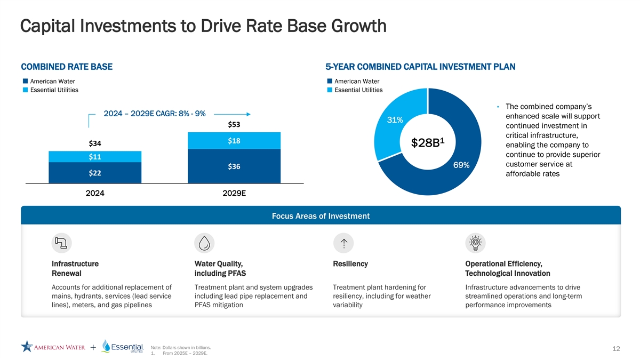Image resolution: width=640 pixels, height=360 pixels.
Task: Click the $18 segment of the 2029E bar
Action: pos(234,141)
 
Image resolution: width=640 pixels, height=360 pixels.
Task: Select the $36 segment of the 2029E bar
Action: pos(234,166)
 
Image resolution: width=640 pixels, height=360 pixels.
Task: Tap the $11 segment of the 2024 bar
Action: pos(95,157)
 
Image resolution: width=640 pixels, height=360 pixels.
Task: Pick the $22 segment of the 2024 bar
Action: pos(95,173)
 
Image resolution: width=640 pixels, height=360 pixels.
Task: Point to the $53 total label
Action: pos(234,125)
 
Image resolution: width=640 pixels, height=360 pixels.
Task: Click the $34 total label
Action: pos(95,143)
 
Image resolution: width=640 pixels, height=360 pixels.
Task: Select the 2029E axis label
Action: pos(234,193)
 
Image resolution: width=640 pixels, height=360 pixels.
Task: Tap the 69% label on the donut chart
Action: pos(461,165)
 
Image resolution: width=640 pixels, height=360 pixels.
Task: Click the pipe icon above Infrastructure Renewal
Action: pos(62,243)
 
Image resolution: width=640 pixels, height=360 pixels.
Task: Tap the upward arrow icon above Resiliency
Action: pos(343,243)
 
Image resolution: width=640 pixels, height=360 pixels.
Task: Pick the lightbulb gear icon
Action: pos(475,243)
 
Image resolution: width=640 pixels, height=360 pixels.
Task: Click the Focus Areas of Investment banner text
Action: pos(321,216)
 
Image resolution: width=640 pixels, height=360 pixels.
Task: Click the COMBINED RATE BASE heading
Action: pos(67,67)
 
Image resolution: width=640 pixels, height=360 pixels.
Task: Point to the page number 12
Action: pos(616,348)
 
